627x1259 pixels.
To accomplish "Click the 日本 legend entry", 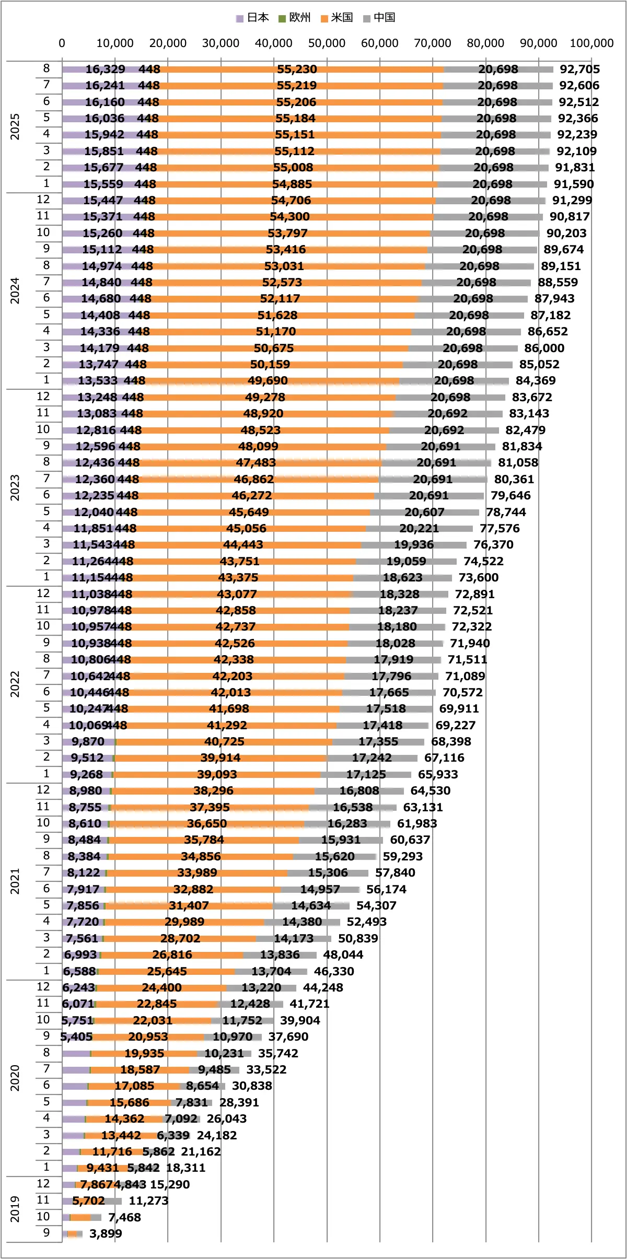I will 252,18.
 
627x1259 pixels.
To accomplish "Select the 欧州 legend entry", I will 295,18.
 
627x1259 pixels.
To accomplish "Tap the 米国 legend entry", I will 337,18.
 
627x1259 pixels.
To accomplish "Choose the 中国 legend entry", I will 379,18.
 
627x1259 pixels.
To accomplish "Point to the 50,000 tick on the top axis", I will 327,43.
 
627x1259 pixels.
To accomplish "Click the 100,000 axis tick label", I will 591,43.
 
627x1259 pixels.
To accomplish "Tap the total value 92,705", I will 580,69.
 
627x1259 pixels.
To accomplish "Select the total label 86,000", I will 544,348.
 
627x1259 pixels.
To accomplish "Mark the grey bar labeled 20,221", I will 419,528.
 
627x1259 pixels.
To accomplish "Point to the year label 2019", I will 15,1209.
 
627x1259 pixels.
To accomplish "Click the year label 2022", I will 15,684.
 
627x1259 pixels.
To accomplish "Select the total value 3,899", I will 106,1233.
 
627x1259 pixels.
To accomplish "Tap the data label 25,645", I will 167,971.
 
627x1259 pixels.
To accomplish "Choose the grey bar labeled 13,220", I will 261,987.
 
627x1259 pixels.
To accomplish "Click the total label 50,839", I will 358,938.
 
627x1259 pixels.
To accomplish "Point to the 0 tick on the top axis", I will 62,43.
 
